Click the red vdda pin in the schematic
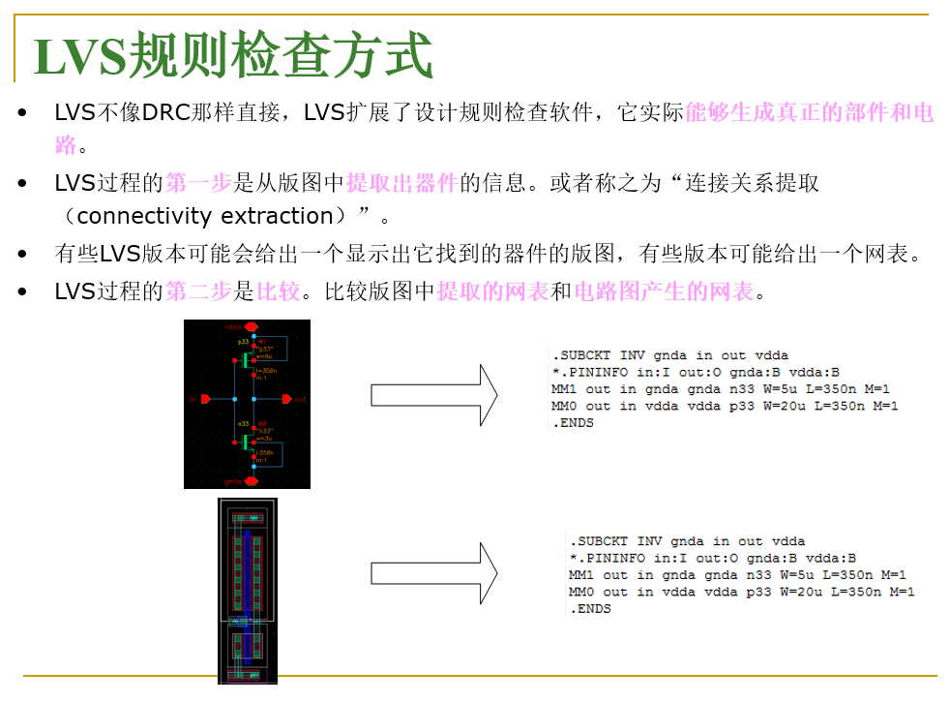pos(251,327)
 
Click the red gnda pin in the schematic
pos(251,480)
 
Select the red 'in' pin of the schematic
pos(202,399)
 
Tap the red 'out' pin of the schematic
pos(286,399)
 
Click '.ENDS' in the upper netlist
pos(572,423)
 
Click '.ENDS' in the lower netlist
pos(590,609)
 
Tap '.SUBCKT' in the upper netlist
pos(579,355)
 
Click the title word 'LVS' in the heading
pos(79,56)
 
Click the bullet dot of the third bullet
pos(22,255)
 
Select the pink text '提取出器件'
pos(401,183)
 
